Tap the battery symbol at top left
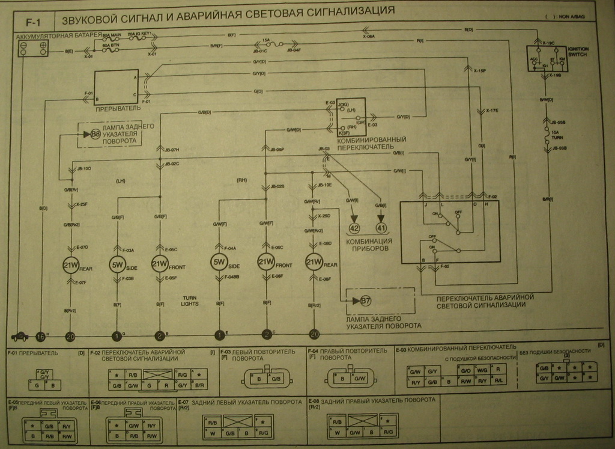click(x=33, y=49)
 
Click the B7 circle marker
click(x=365, y=301)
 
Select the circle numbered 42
click(x=354, y=228)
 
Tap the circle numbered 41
click(x=381, y=228)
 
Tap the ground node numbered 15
click(x=40, y=337)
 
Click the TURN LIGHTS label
click(x=190, y=301)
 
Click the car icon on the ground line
click(x=20, y=337)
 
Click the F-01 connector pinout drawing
click(x=45, y=378)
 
